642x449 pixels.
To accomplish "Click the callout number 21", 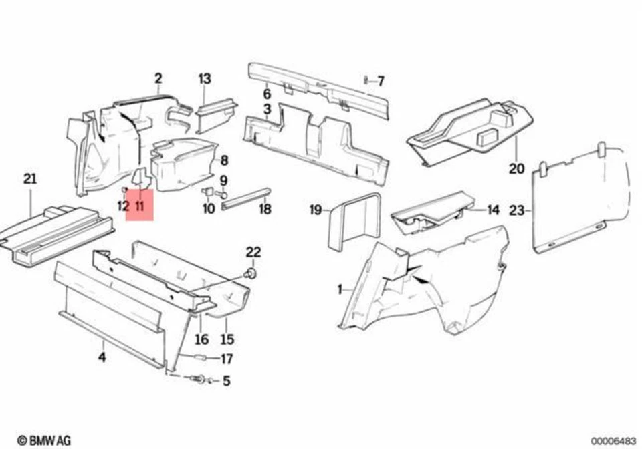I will pos(30,179).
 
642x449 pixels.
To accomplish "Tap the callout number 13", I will pos(204,79).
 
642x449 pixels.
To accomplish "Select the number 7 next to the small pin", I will pos(381,82).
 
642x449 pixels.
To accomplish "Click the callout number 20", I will pos(516,168).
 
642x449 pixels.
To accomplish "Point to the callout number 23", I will pos(517,211).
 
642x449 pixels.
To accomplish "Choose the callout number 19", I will pos(316,210).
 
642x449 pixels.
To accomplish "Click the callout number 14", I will pos(493,210).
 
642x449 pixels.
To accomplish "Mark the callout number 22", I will pos(253,252).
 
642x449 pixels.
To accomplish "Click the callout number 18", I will pos(265,209).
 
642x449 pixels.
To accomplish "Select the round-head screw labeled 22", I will pos(251,273).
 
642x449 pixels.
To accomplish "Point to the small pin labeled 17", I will pos(199,358).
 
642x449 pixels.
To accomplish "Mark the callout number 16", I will pos(202,339).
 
